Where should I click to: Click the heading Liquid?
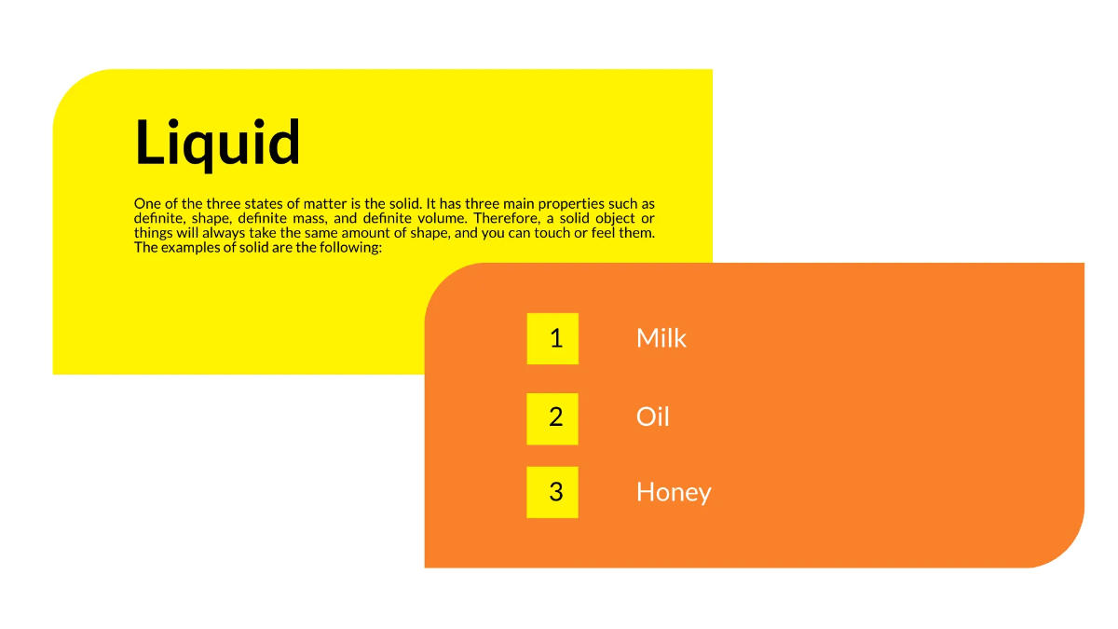tap(218, 144)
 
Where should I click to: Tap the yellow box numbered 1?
tap(552, 338)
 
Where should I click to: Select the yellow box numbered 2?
tap(552, 418)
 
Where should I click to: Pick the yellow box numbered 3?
tap(552, 492)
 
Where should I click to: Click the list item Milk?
tap(661, 338)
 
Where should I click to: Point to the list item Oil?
tap(652, 417)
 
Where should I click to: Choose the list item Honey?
tap(673, 492)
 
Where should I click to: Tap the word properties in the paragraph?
tap(568, 204)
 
